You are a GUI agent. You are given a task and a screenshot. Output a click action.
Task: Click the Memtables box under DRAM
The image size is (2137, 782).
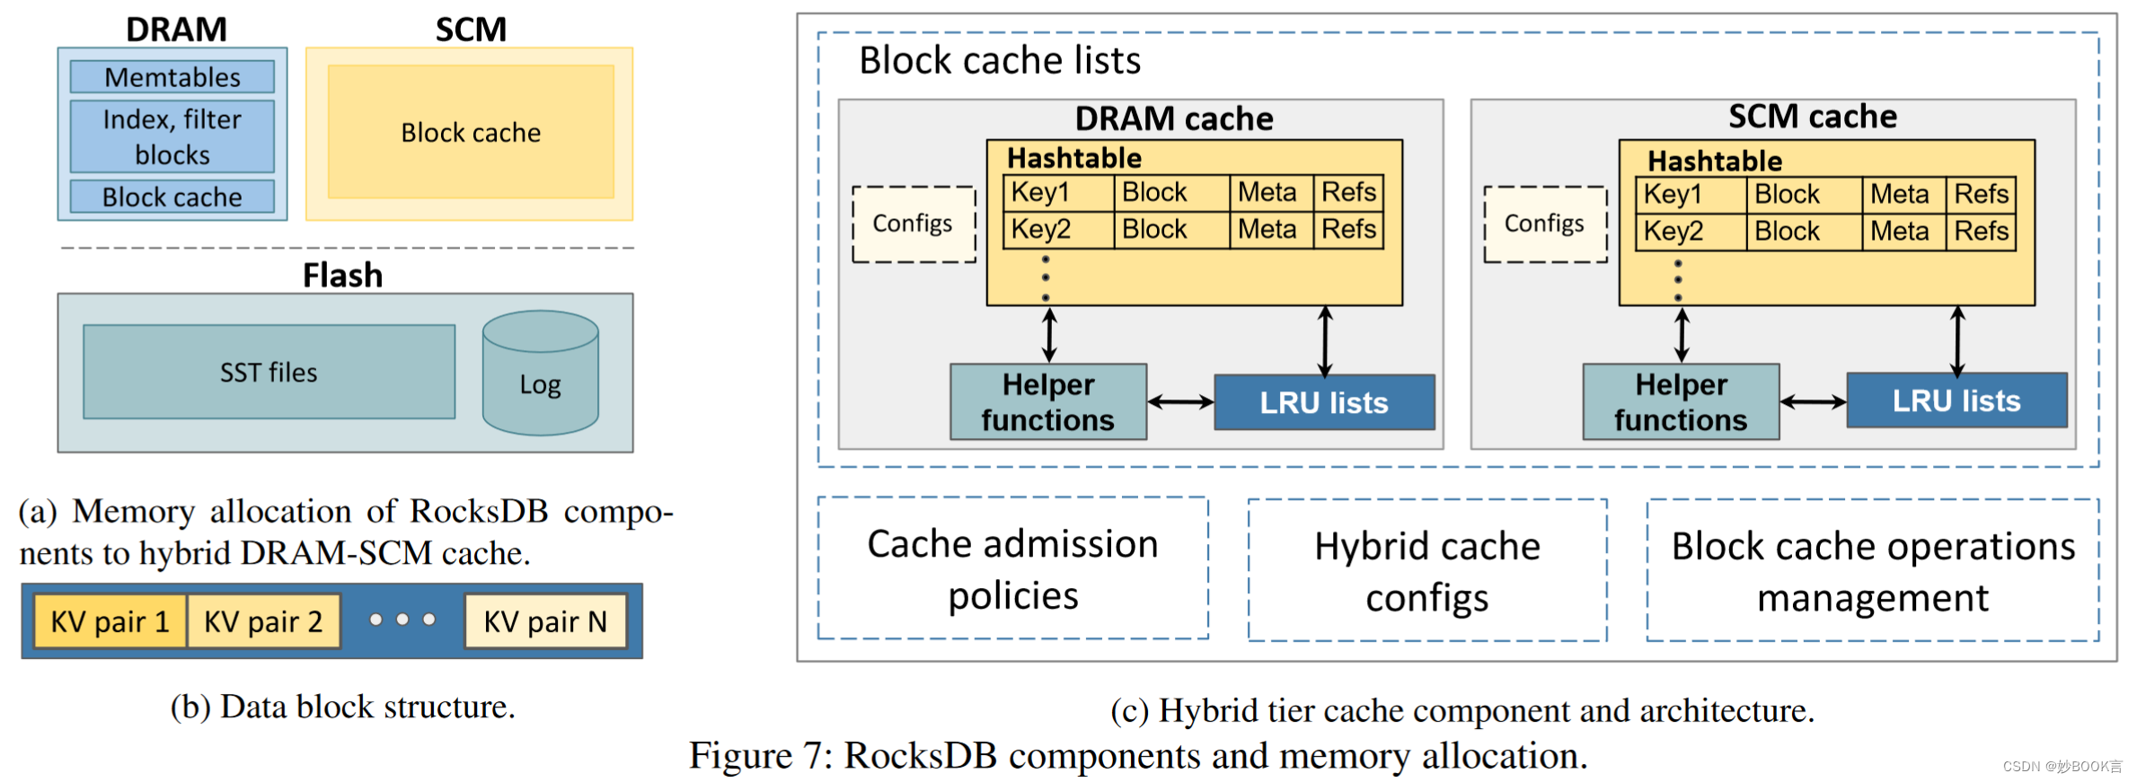tap(172, 77)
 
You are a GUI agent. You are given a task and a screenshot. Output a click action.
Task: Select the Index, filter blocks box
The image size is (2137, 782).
tap(172, 136)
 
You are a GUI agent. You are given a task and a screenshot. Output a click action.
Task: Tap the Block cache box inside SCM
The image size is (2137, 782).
tap(471, 132)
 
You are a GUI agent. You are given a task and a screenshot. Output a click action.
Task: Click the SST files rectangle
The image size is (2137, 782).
tap(269, 372)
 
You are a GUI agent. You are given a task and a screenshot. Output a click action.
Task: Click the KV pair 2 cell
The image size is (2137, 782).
tap(263, 621)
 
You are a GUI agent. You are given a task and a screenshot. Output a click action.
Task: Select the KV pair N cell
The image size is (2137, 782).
tap(545, 621)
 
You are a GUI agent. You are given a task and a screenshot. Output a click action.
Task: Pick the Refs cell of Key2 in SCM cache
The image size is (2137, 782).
tap(1981, 232)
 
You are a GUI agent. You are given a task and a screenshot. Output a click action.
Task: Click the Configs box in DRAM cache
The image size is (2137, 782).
tap(913, 224)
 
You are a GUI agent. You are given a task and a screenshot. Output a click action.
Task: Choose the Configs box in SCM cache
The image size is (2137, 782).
tap(1544, 224)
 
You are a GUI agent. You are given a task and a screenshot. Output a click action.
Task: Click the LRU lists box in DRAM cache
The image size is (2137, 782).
tap(1323, 402)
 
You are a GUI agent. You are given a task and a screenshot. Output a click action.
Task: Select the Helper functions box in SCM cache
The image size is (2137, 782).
tap(1680, 402)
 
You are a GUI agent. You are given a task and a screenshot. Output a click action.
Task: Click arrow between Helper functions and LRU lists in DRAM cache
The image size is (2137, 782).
tap(1180, 402)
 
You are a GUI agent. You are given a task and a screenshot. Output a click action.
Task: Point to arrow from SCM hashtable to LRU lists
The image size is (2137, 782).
tap(1957, 340)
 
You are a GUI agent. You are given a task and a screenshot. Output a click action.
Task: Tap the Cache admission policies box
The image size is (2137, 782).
tap(1012, 568)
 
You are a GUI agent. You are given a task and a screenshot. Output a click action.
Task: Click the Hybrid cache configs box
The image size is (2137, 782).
tap(1426, 571)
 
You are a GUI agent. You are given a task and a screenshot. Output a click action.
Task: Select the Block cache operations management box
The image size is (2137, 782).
tap(1872, 571)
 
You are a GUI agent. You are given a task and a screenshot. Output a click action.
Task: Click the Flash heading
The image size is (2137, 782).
tap(342, 275)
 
